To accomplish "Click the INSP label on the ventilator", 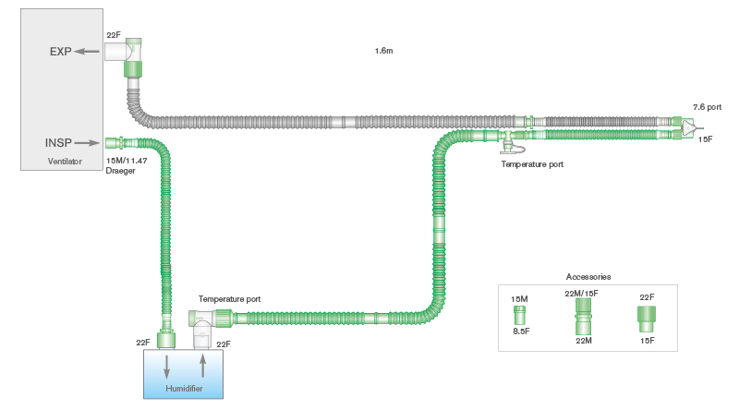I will (x=59, y=143).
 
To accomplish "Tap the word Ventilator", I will (x=65, y=162).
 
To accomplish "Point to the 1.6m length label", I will (x=384, y=50).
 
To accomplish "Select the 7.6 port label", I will (x=707, y=107).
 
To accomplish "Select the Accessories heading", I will (x=588, y=276).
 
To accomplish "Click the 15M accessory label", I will (x=519, y=298).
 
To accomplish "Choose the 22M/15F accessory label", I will (x=581, y=293).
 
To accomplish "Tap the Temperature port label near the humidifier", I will (x=229, y=300).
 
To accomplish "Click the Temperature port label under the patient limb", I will (x=532, y=163).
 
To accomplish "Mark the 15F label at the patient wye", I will (x=705, y=139).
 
